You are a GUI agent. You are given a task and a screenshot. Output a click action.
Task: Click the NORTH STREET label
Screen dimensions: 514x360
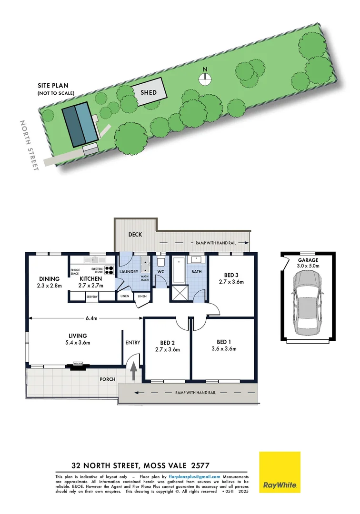tap(28, 145)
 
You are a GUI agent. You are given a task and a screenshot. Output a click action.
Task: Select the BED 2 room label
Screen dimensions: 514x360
tap(167, 346)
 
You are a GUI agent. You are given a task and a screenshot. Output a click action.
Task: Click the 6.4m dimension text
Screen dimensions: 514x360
tap(91, 318)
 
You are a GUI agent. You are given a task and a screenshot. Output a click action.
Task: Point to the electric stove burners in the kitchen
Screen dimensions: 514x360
tap(109, 271)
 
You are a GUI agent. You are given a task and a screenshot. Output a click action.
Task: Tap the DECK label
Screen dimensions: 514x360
tap(136, 235)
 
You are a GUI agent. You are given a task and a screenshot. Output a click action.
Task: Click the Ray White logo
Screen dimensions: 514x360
tap(280, 472)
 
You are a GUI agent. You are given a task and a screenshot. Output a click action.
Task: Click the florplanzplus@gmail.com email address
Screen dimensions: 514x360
tap(194, 476)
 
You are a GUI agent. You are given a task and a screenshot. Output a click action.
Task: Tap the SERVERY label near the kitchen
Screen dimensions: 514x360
tap(92, 297)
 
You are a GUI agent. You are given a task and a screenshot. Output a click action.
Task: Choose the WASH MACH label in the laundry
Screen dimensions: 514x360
tap(145, 278)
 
